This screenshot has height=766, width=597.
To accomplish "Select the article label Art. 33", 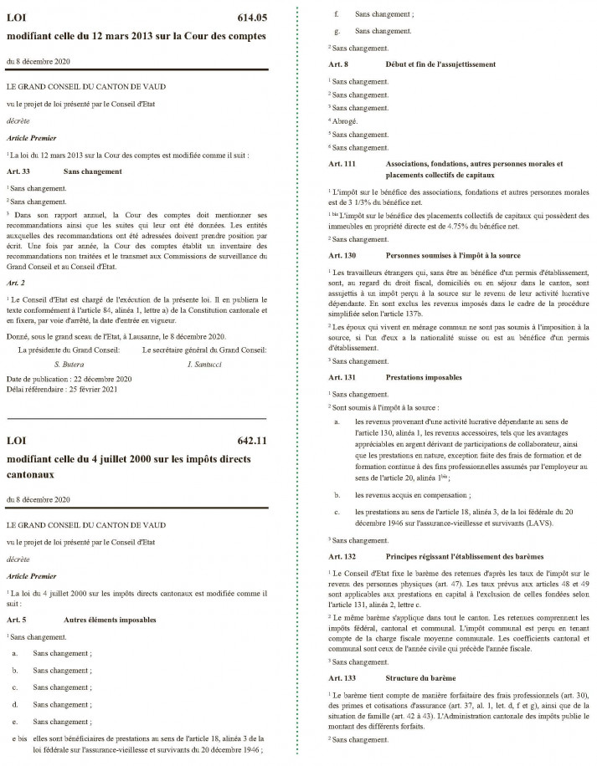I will [20, 171].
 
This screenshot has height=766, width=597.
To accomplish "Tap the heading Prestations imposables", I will [424, 378].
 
